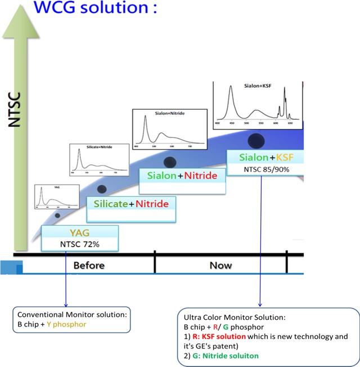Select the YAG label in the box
point(80,231)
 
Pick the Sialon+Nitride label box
point(182,176)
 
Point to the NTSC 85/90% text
point(267,168)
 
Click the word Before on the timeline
point(89,265)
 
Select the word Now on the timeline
point(220,265)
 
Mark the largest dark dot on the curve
point(257,141)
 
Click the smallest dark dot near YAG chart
point(57,215)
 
